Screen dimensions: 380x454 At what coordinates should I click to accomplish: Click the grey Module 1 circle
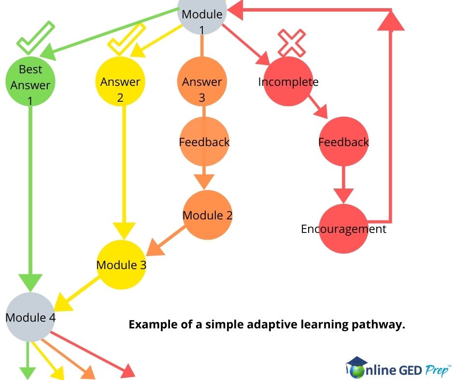tap(202, 14)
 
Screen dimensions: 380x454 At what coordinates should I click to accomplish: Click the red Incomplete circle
tap(288, 81)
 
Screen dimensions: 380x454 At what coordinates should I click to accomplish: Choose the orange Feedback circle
tap(204, 142)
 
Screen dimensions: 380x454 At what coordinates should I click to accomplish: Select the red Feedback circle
tap(343, 142)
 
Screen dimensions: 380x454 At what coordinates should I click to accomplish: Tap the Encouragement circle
tap(343, 229)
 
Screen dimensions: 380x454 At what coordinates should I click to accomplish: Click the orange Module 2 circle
tap(208, 215)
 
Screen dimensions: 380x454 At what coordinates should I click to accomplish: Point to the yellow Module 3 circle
tap(121, 265)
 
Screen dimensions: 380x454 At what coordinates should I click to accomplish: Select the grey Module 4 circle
tap(30, 317)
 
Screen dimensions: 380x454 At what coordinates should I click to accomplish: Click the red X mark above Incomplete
tap(292, 42)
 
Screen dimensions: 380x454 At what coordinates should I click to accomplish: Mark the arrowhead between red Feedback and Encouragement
tap(343, 195)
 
